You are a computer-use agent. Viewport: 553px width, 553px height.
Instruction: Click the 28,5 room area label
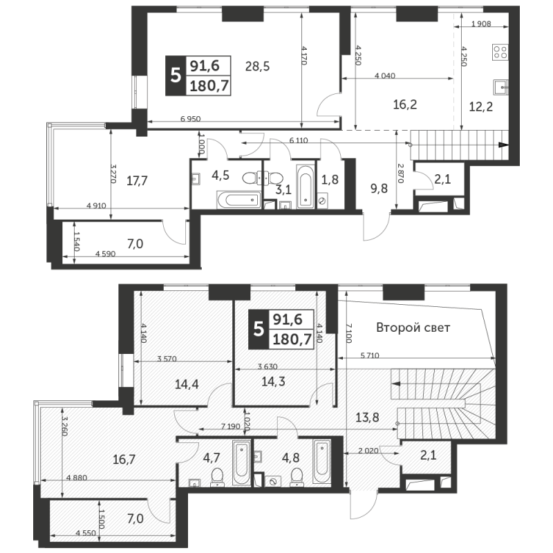click(x=257, y=66)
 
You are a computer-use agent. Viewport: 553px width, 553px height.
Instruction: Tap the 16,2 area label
click(x=405, y=104)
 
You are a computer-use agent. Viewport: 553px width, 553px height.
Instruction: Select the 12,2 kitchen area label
click(x=480, y=106)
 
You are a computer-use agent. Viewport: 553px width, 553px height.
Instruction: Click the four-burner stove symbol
click(x=500, y=53)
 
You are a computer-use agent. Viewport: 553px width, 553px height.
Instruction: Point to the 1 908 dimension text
click(x=481, y=24)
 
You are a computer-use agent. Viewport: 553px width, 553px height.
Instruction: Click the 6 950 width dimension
click(x=191, y=119)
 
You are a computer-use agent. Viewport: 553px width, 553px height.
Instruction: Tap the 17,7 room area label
click(x=137, y=181)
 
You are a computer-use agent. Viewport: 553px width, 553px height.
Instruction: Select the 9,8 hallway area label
click(x=379, y=189)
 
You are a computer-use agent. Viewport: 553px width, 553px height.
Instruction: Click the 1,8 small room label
click(x=330, y=180)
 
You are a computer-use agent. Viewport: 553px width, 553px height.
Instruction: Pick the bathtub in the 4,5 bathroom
click(x=238, y=200)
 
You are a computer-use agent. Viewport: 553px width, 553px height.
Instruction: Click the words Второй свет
click(x=413, y=328)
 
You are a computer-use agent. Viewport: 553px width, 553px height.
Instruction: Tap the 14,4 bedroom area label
click(x=187, y=384)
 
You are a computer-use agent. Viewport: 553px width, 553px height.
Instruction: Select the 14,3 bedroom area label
click(x=273, y=382)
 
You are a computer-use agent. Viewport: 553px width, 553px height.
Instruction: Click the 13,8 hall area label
click(x=367, y=418)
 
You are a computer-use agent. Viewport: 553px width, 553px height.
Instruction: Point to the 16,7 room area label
click(x=124, y=460)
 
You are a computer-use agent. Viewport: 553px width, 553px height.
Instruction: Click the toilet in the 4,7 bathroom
click(x=217, y=477)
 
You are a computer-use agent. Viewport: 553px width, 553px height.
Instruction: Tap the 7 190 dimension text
click(x=231, y=427)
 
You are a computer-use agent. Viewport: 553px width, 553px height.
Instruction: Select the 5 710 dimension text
click(x=370, y=356)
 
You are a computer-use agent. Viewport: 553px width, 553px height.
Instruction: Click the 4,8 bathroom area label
click(x=291, y=458)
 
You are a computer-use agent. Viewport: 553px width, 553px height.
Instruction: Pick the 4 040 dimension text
click(x=385, y=75)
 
